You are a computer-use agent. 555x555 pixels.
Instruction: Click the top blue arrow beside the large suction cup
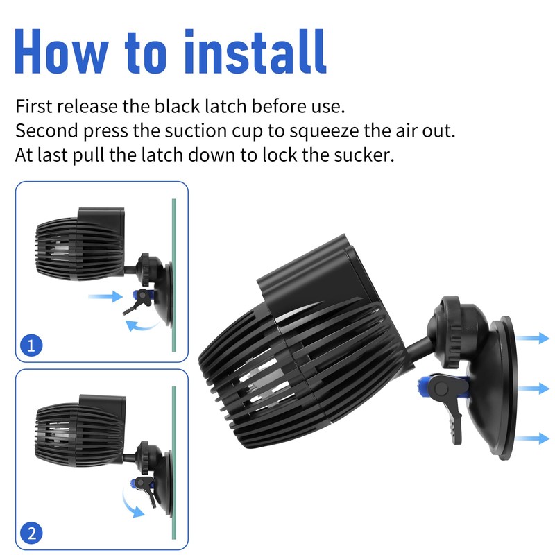click(x=535, y=338)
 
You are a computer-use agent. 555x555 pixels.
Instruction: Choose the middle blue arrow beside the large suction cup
click(x=535, y=387)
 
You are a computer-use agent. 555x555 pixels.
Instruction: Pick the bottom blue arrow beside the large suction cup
click(x=535, y=438)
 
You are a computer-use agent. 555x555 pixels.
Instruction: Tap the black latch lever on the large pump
click(x=447, y=409)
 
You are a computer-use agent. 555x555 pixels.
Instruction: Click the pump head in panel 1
click(x=76, y=243)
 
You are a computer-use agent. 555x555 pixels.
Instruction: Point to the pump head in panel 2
click(x=76, y=430)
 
